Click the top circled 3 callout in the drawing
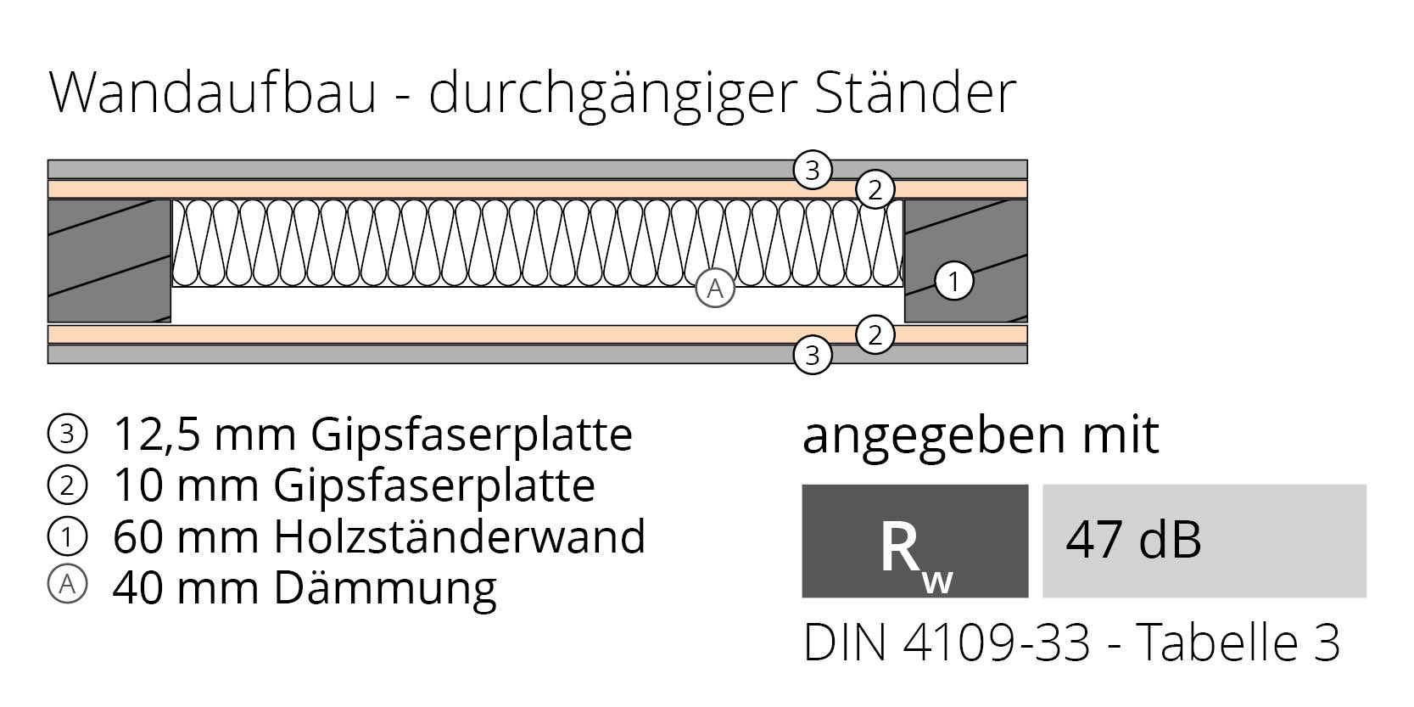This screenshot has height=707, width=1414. pyautogui.click(x=812, y=171)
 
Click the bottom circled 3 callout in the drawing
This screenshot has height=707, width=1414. pyautogui.click(x=812, y=354)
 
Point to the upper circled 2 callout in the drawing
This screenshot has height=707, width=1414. pyautogui.click(x=875, y=189)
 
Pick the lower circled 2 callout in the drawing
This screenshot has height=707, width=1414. pyautogui.click(x=875, y=335)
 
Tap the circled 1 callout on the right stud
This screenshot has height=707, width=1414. pyautogui.click(x=953, y=281)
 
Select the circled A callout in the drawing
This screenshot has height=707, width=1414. pyautogui.click(x=715, y=289)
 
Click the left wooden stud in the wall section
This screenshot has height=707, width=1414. pyautogui.click(x=109, y=261)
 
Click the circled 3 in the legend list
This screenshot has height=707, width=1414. pyautogui.click(x=68, y=435)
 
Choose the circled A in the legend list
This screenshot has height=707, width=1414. pyautogui.click(x=68, y=586)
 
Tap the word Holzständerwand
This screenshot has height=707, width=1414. pyautogui.click(x=459, y=536)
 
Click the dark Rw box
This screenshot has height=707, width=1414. pyautogui.click(x=914, y=541)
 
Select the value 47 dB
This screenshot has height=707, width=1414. pyautogui.click(x=1133, y=540)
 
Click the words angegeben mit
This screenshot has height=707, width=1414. pyautogui.click(x=980, y=436)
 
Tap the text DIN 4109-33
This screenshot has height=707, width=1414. pyautogui.click(x=946, y=643)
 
